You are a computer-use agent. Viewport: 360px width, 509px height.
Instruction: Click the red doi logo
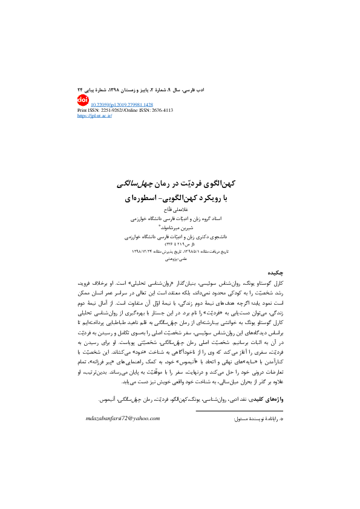click(83, 99)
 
